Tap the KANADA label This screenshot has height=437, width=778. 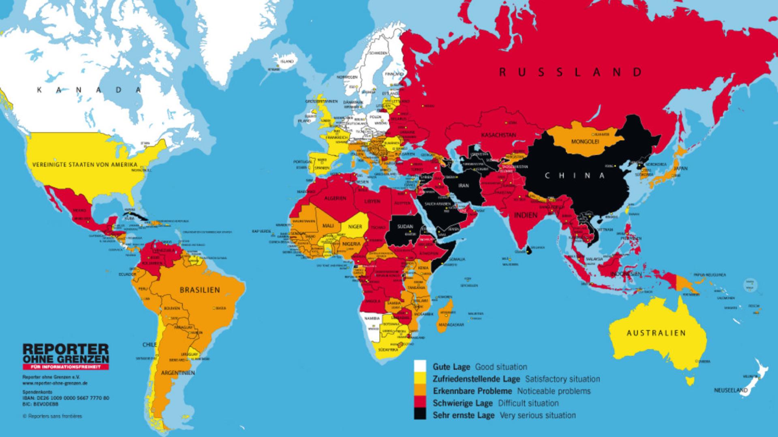pos(89,90)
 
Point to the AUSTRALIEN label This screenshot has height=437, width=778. pos(656,333)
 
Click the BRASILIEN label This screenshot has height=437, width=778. pos(200,290)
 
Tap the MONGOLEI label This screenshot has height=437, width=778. pos(585,142)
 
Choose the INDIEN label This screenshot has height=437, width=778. pos(526,215)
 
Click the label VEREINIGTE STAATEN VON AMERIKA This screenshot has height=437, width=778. pos(85,165)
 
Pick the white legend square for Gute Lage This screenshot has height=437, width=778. pos(420,367)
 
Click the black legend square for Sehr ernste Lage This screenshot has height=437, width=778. pos(420,415)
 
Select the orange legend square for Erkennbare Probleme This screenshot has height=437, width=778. pos(420,391)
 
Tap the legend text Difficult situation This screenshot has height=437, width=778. pos(528,403)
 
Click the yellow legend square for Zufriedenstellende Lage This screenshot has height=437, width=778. pos(420,379)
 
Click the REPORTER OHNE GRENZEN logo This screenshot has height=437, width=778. pos(66,353)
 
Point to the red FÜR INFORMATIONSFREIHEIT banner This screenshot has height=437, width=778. pos(66,367)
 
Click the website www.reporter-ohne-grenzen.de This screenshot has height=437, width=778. pos(55,382)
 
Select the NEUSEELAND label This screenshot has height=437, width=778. pos(731,390)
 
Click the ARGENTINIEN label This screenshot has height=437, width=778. pos(178,373)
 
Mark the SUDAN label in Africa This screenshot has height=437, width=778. pos(405,227)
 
